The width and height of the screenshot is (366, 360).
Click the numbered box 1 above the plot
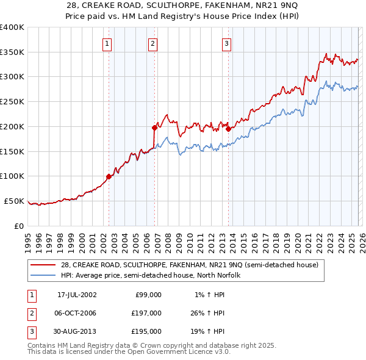click(107, 43)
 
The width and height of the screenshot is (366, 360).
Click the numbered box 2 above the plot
click(152, 43)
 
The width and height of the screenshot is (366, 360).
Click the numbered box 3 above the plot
click(226, 43)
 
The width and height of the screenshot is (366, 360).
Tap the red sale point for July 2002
click(109, 176)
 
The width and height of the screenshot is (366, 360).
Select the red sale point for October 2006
click(154, 128)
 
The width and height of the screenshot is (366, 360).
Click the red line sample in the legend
click(43, 265)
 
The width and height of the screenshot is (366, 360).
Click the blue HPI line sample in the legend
click(43, 275)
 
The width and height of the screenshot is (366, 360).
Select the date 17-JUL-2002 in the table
click(77, 295)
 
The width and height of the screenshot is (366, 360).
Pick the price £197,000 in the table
click(146, 313)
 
